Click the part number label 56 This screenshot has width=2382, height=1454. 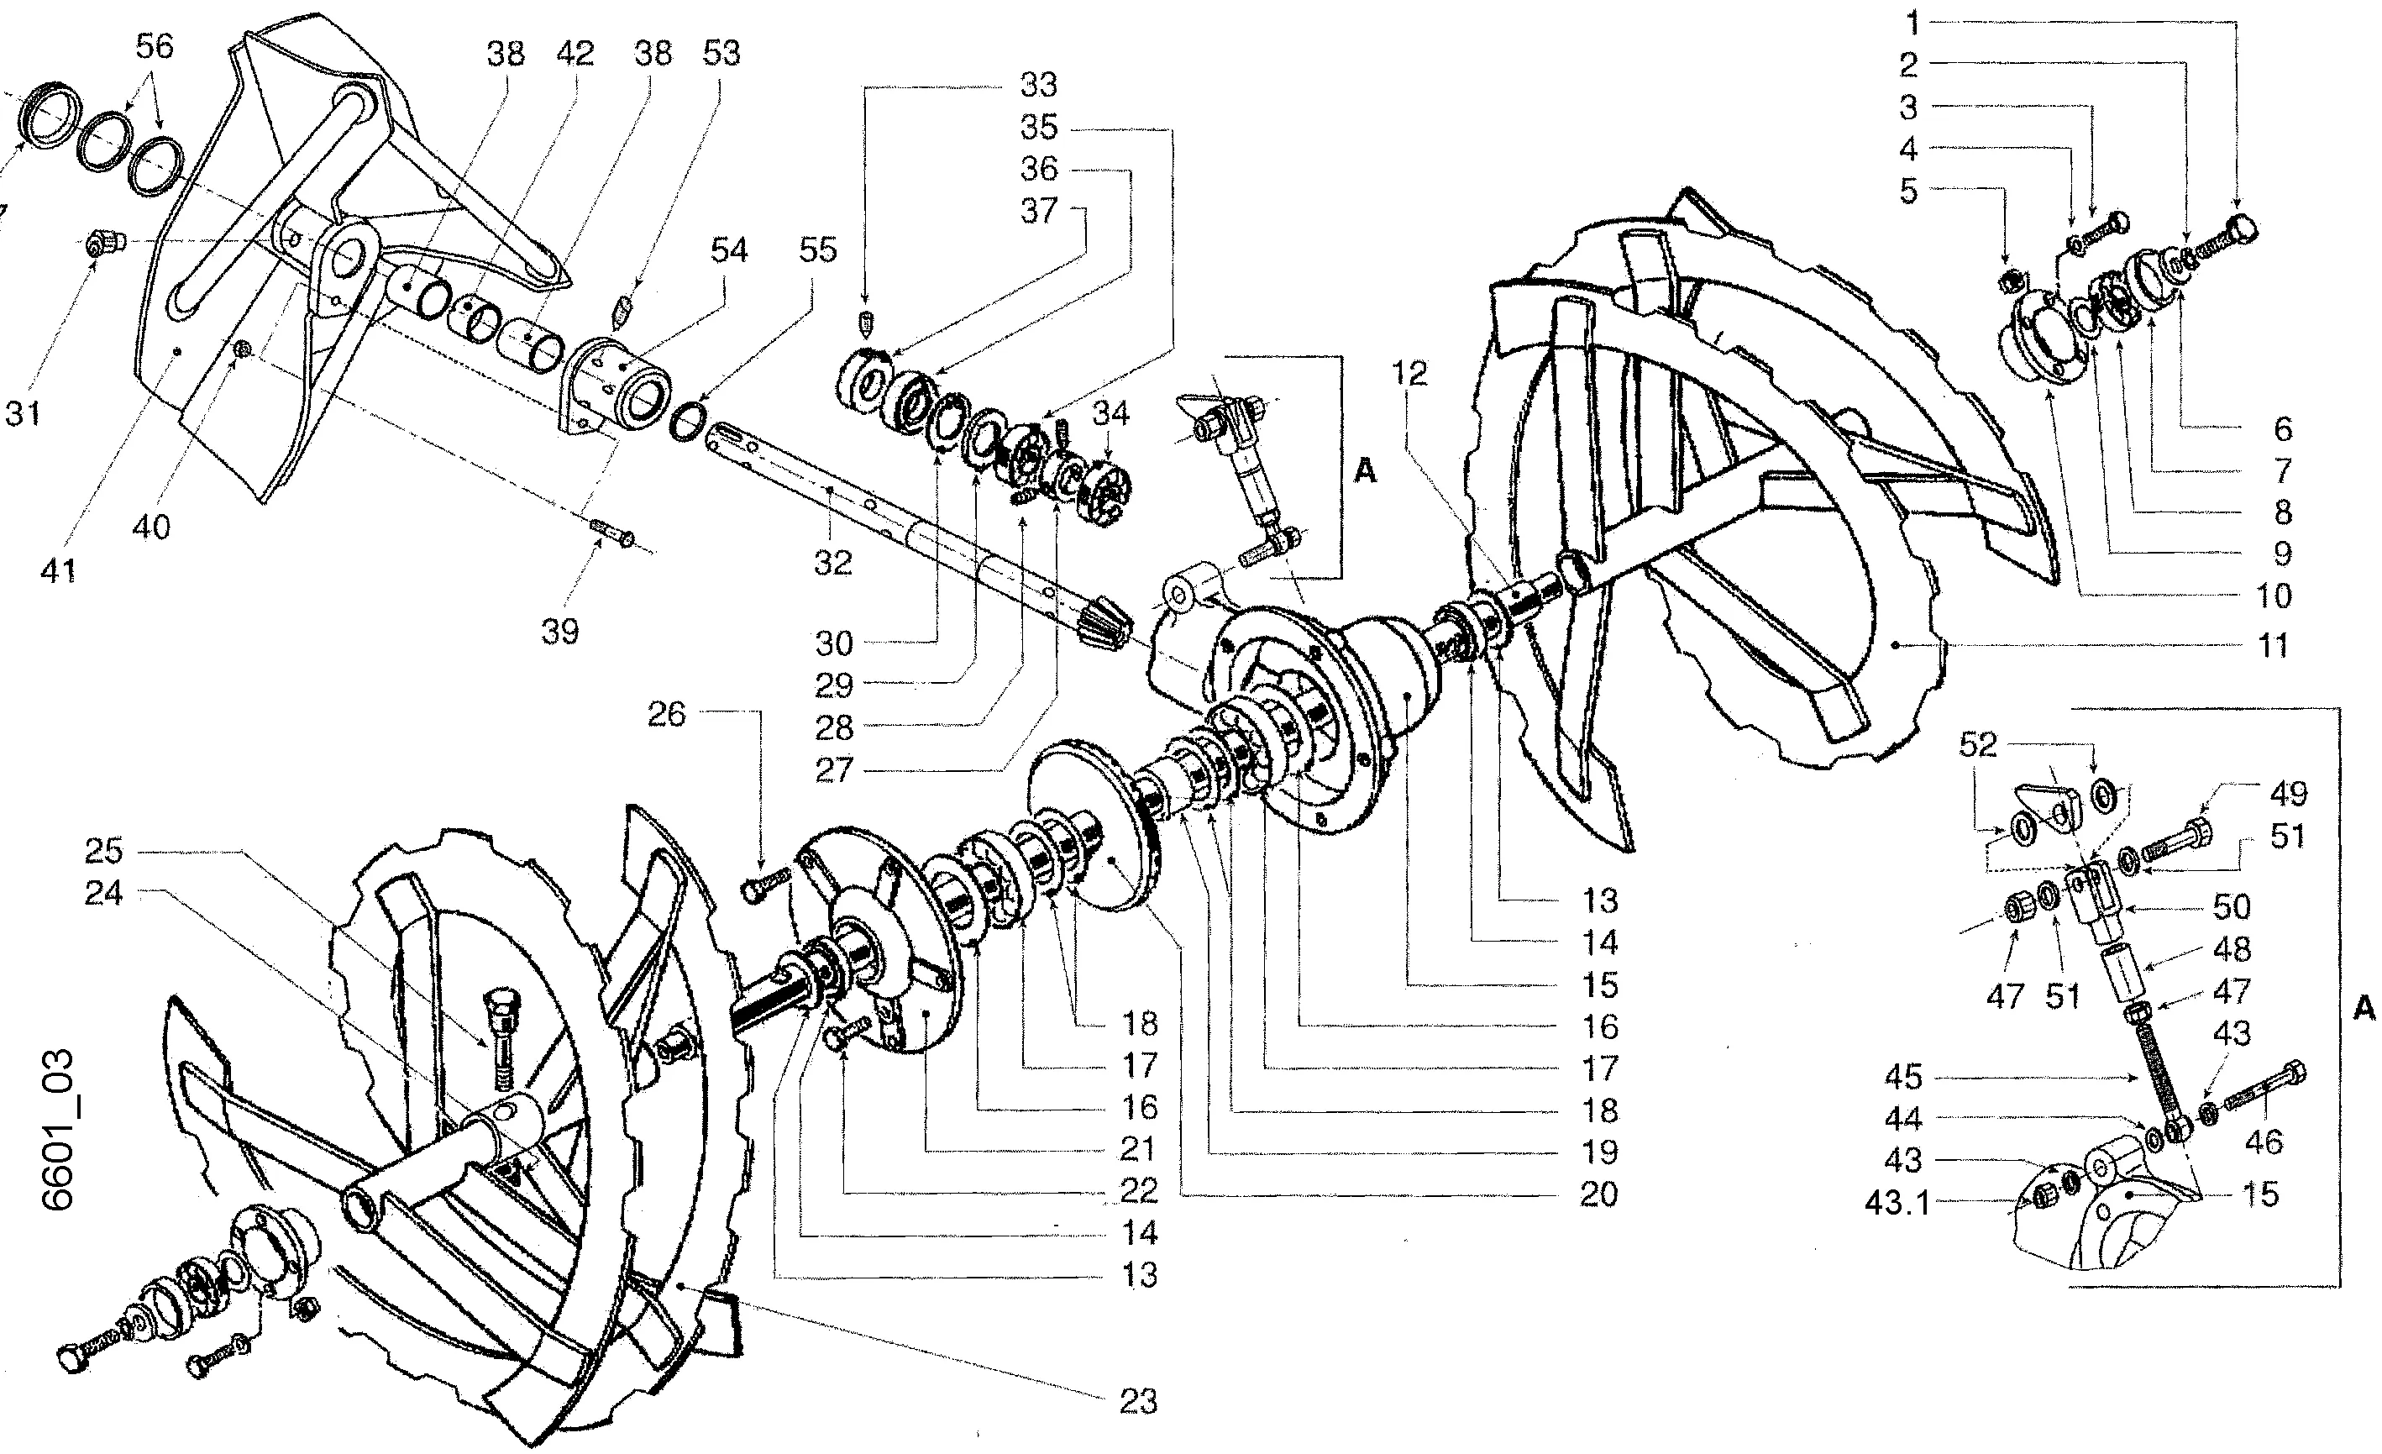155,45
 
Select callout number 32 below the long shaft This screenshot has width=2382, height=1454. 832,563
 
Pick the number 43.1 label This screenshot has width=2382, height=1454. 1897,1205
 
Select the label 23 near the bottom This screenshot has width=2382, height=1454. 1138,1402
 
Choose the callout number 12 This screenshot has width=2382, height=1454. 1409,373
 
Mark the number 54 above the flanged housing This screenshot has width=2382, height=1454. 728,249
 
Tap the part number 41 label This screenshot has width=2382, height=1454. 57,571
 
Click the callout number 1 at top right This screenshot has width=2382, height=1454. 1910,24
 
